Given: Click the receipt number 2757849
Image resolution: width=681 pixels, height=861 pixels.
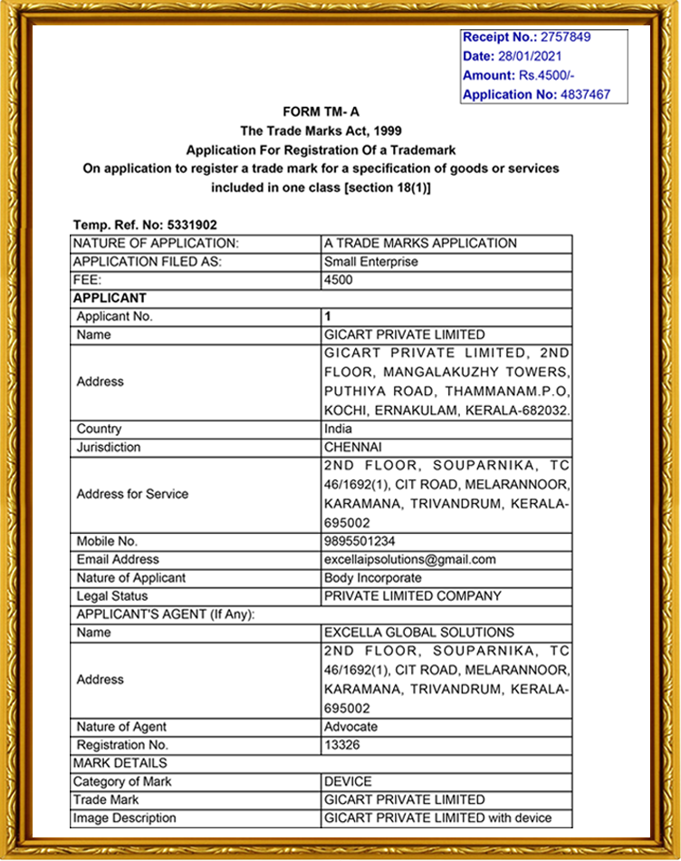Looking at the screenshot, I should [565, 37].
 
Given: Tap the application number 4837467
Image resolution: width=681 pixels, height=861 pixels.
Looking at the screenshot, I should [585, 94].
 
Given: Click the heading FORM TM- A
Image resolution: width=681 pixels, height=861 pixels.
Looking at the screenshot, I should [321, 111].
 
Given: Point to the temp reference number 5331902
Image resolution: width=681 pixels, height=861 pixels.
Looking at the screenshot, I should [192, 225].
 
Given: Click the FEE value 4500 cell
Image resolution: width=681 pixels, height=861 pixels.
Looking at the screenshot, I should [338, 280].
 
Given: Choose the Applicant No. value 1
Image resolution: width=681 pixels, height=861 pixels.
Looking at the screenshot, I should [328, 316].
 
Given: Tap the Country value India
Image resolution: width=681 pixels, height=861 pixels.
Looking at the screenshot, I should [339, 429].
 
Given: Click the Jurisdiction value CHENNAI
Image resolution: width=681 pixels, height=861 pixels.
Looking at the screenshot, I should [353, 447].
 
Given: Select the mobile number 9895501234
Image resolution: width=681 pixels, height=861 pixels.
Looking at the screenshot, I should [360, 541].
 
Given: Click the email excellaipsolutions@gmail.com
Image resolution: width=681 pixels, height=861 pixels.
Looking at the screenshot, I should [409, 559].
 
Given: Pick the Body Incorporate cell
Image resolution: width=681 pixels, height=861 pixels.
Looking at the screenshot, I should [372, 577].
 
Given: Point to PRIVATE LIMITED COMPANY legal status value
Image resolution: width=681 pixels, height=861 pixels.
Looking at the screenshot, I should [412, 596].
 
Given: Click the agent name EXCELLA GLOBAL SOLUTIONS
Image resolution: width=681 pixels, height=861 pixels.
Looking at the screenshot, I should [418, 633].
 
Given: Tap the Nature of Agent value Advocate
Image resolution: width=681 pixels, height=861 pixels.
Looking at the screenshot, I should [350, 727].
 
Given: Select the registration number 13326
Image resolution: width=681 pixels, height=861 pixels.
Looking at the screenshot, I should [342, 745].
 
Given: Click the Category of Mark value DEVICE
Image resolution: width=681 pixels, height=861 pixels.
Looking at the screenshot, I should [348, 781].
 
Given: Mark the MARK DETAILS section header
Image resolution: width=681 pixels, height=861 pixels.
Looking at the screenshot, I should [120, 763].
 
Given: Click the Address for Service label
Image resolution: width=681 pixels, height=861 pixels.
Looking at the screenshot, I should [132, 494].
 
